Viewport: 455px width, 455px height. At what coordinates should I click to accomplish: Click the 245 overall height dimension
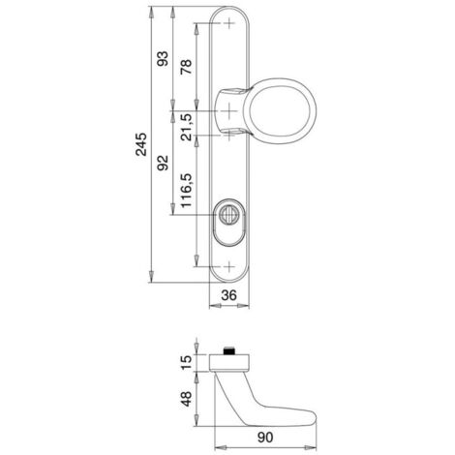click(x=141, y=144)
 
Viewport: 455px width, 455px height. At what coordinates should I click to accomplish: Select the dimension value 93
click(x=163, y=58)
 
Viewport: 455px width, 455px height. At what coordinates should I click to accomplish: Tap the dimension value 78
click(x=187, y=67)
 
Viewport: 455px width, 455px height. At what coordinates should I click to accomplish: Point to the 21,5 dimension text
click(x=187, y=127)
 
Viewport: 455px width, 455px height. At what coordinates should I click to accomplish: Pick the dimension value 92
click(x=163, y=163)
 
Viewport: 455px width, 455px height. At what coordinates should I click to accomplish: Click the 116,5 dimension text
click(x=187, y=191)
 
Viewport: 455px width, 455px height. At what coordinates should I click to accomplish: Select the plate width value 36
click(x=228, y=295)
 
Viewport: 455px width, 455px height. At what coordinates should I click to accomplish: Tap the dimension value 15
click(x=187, y=362)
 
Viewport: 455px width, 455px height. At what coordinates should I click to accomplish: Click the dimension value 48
click(x=187, y=399)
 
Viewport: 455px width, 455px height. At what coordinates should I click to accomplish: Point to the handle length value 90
click(x=265, y=438)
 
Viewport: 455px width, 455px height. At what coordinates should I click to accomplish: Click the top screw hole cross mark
click(x=228, y=23)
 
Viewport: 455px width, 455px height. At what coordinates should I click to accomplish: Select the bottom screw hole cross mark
click(x=228, y=267)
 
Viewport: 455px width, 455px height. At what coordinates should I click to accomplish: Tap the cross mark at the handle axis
click(x=228, y=111)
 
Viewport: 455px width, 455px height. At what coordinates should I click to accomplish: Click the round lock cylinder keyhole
click(x=228, y=214)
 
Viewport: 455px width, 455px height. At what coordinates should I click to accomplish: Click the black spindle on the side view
click(x=228, y=351)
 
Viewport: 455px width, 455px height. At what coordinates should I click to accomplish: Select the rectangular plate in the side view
click(x=229, y=362)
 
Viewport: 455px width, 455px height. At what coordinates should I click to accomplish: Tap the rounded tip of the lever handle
click(x=314, y=418)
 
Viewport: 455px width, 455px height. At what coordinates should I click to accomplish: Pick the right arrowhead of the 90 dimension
click(x=312, y=447)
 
